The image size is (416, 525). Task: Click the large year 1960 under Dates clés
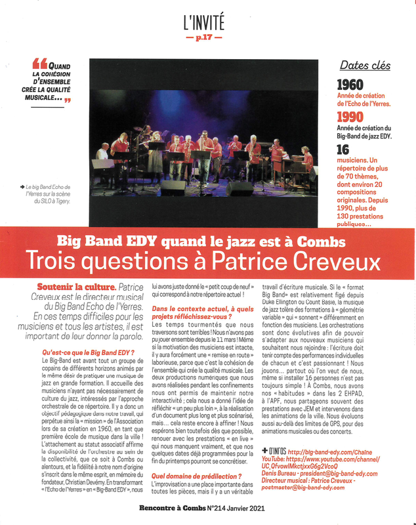pyautogui.click(x=350, y=85)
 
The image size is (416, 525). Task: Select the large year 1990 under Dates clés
pyautogui.click(x=350, y=116)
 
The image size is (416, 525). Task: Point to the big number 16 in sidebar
pyautogui.click(x=343, y=150)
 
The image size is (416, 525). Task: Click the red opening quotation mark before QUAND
pyautogui.click(x=39, y=64)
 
